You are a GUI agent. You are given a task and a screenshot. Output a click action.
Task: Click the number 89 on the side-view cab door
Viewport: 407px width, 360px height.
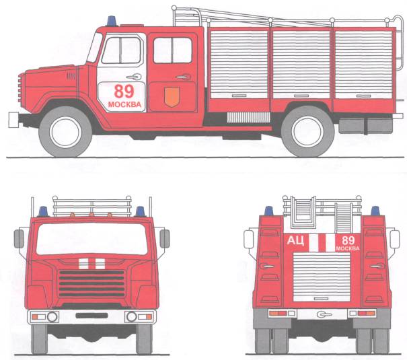pyautogui.click(x=124, y=91)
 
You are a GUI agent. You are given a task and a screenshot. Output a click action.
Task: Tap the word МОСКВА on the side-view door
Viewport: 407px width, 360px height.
pyautogui.click(x=124, y=104)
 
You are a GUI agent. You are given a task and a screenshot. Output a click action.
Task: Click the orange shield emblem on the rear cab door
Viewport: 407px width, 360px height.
pyautogui.click(x=172, y=97)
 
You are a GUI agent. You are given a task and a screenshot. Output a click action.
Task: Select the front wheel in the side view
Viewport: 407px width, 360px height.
pyautogui.click(x=65, y=132)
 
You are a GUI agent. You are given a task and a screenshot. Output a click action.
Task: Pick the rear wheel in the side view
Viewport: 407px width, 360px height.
pyautogui.click(x=307, y=132)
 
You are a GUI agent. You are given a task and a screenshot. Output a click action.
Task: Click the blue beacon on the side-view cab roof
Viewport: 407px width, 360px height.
pyautogui.click(x=112, y=21)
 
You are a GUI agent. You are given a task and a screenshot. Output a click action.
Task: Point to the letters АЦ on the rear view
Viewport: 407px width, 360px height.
pyautogui.click(x=295, y=241)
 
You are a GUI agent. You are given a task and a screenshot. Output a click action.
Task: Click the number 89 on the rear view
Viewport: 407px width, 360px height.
pyautogui.click(x=348, y=240)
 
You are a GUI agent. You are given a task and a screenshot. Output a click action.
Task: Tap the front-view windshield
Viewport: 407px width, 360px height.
pyautogui.click(x=92, y=239)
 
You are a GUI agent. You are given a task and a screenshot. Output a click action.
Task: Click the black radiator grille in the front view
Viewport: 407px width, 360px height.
pyautogui.click(x=92, y=283)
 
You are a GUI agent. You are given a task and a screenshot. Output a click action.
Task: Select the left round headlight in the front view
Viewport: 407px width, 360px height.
pyautogui.click(x=52, y=317)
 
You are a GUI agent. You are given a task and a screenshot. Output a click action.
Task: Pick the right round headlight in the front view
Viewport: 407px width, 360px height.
pyautogui.click(x=131, y=317)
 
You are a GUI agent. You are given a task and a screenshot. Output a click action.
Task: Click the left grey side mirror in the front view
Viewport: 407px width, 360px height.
pyautogui.click(x=19, y=239)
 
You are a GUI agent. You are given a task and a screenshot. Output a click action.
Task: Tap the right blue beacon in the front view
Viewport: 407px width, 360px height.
pyautogui.click(x=140, y=211)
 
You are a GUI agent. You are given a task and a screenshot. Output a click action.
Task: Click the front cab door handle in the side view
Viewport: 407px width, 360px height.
pyautogui.click(x=134, y=77)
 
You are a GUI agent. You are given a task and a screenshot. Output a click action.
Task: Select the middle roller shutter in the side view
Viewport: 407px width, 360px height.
pyautogui.click(x=301, y=65)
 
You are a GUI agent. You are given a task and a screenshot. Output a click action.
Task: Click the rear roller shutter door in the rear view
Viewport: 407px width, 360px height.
pyautogui.click(x=322, y=277)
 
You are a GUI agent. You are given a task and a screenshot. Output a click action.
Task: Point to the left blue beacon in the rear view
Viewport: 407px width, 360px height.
pyautogui.click(x=269, y=211)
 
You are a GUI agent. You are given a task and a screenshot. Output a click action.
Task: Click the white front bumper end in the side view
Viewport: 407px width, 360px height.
pyautogui.click(x=13, y=120)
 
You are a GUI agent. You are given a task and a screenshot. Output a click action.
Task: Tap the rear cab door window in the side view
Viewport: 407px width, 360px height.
pyautogui.click(x=173, y=50)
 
